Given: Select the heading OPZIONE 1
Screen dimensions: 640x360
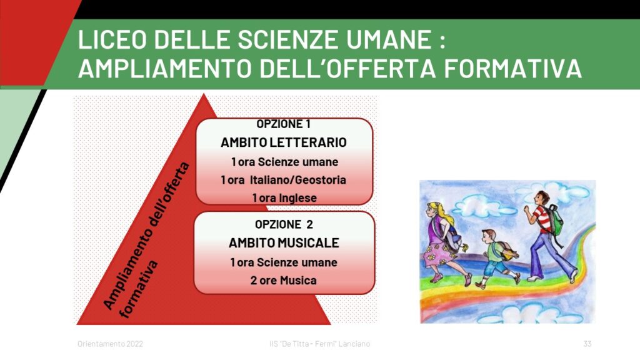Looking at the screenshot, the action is [x=283, y=124].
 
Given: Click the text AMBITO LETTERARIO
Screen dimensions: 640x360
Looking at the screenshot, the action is [x=284, y=142].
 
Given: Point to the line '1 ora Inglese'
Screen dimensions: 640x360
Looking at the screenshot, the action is [x=284, y=198].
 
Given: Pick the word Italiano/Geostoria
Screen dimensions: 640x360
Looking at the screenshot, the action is [x=298, y=180].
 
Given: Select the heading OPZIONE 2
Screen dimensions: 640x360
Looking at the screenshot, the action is [x=284, y=224].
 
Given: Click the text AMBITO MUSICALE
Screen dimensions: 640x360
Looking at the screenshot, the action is [x=284, y=243].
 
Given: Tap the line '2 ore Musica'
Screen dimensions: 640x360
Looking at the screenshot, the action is [x=284, y=281].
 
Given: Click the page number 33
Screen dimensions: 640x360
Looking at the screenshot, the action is [x=587, y=344].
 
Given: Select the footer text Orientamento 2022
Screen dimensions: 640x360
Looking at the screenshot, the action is [x=110, y=344].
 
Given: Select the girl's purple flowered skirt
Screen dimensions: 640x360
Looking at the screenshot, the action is [x=437, y=254].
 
